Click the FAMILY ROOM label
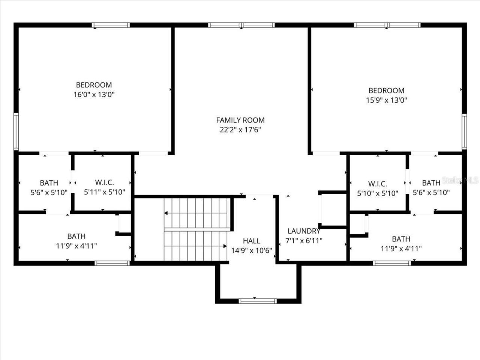[240, 120]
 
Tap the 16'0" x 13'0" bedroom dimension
[94, 94]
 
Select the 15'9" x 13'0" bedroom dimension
[386, 100]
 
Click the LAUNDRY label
[304, 231]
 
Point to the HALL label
[251, 241]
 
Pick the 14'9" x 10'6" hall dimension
[251, 250]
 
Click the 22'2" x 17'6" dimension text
[240, 130]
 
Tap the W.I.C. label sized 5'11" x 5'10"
[104, 183]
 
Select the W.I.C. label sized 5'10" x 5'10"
[377, 184]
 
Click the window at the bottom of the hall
[258, 301]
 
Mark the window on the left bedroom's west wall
[16, 131]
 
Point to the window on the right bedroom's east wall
[464, 132]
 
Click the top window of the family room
[241, 25]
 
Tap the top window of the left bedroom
[111, 25]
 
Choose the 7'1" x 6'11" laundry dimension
[304, 241]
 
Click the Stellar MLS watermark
[460, 181]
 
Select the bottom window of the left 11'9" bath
[112, 263]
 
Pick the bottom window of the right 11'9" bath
[392, 263]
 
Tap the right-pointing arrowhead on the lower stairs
[225, 246]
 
